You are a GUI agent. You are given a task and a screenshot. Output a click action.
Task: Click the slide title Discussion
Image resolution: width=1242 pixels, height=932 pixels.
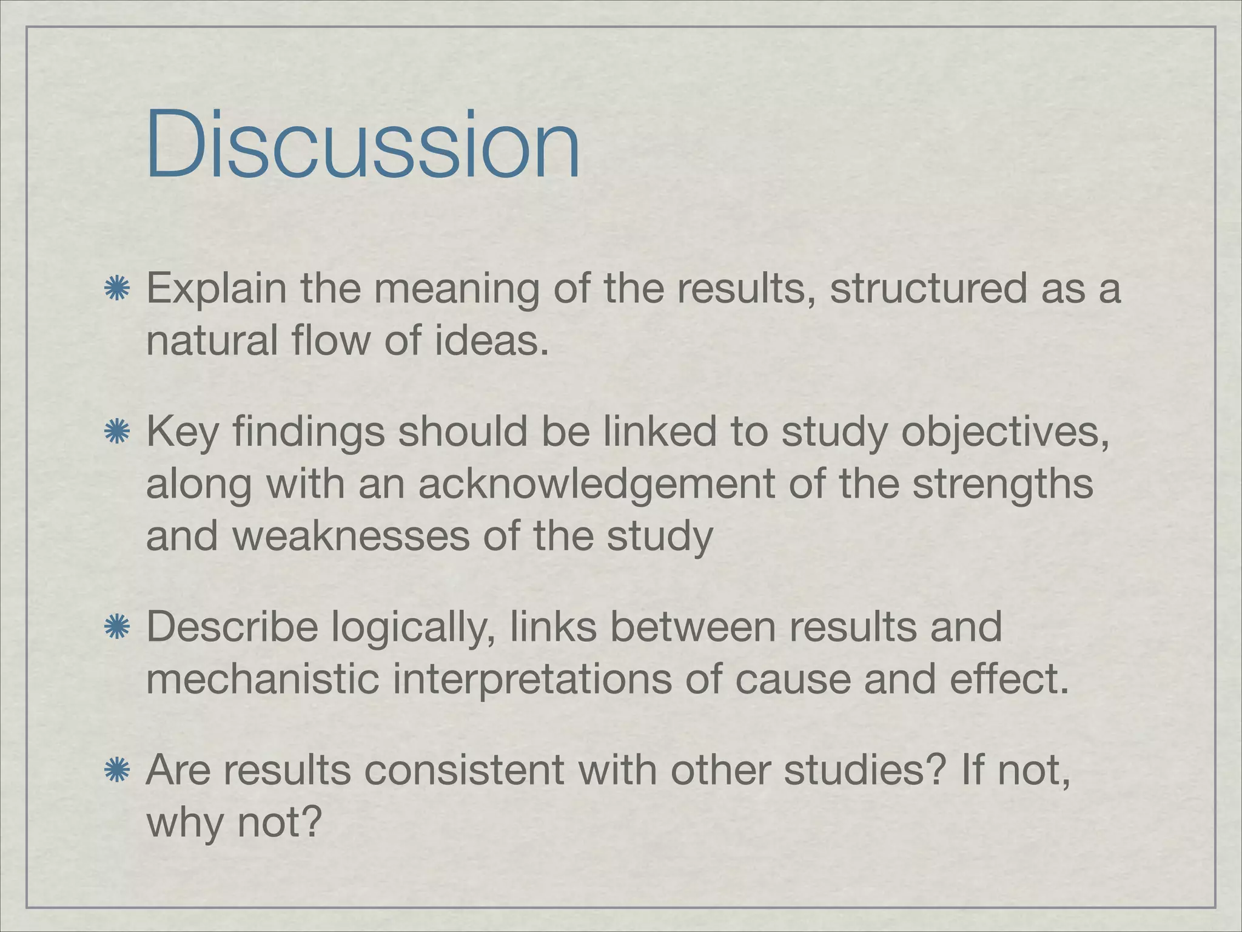pyautogui.click(x=363, y=146)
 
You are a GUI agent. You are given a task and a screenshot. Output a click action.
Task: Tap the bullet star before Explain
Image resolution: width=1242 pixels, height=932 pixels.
pyautogui.click(x=115, y=289)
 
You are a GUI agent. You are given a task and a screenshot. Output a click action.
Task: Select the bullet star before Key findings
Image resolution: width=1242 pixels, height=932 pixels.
pyautogui.click(x=115, y=433)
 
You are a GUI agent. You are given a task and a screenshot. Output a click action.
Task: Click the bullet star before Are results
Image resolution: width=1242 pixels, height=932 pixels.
pyautogui.click(x=115, y=771)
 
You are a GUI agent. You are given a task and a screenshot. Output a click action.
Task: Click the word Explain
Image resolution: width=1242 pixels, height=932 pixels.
pyautogui.click(x=216, y=289)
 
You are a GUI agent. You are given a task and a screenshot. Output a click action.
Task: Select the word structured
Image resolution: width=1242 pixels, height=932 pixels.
pyautogui.click(x=928, y=288)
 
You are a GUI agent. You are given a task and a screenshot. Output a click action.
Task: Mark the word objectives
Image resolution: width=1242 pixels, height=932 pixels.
pyautogui.click(x=1007, y=433)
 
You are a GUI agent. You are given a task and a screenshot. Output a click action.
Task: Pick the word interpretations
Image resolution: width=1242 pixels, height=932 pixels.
pyautogui.click(x=532, y=680)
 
